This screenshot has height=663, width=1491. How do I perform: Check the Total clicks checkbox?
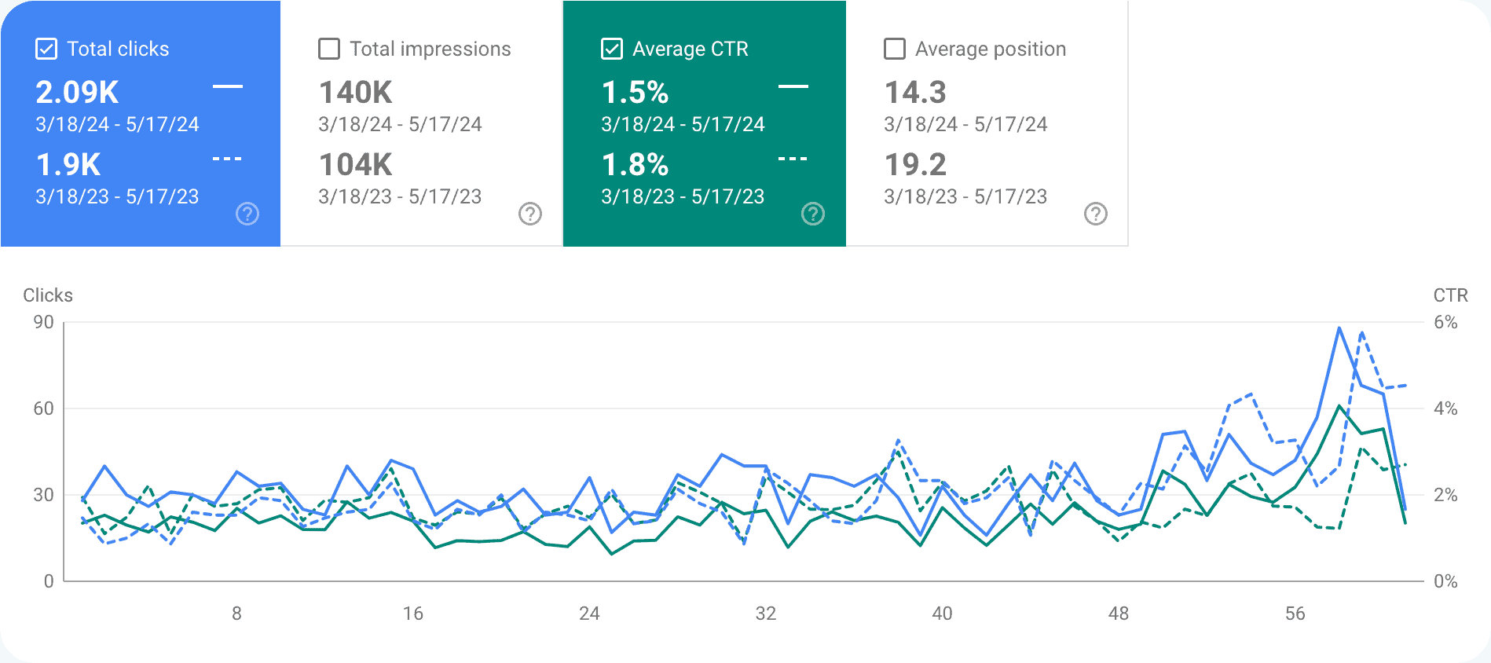(x=46, y=49)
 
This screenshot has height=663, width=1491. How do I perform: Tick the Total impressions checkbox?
(x=329, y=49)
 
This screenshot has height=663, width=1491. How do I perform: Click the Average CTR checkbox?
(x=612, y=49)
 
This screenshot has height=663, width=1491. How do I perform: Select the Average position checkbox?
(x=895, y=49)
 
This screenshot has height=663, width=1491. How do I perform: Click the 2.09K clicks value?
(x=77, y=93)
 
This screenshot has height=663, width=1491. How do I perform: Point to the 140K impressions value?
(x=355, y=93)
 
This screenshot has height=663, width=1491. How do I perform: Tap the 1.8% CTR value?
(x=635, y=165)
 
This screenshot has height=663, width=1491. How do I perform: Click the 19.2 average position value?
(x=915, y=165)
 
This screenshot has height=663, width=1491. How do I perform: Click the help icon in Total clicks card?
(x=247, y=214)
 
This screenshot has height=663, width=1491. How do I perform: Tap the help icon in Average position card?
(x=1096, y=214)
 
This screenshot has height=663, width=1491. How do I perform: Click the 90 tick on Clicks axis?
(x=44, y=322)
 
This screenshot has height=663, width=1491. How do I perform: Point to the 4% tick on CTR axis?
(x=1445, y=408)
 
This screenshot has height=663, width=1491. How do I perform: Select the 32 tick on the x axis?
(x=766, y=614)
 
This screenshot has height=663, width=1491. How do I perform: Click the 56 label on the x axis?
(x=1295, y=614)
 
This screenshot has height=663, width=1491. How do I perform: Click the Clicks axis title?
(x=48, y=295)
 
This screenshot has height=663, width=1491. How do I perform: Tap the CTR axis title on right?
(x=1450, y=295)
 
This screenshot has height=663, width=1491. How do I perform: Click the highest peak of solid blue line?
(x=1339, y=328)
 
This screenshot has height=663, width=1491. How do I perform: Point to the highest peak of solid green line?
(x=1339, y=406)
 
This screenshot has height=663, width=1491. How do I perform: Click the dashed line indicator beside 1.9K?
(x=227, y=159)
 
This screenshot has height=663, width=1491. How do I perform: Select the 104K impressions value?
(x=355, y=165)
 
